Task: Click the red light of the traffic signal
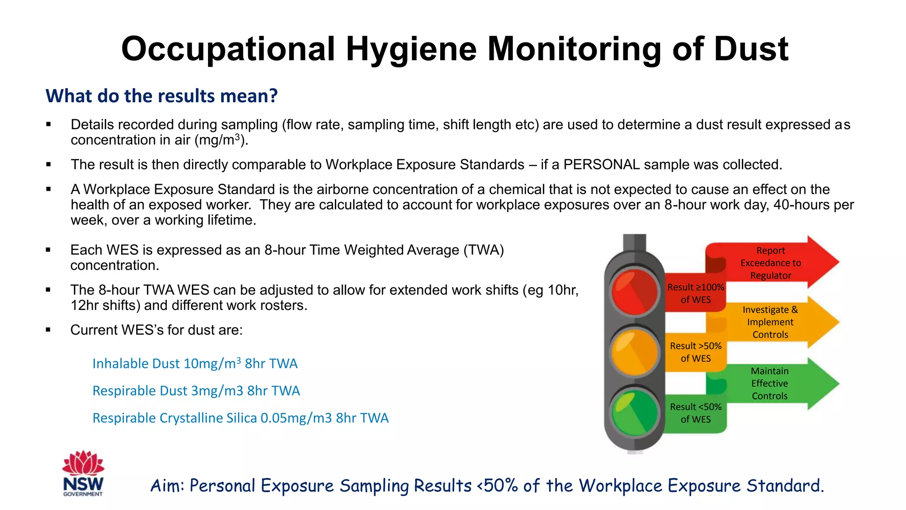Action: (634, 292)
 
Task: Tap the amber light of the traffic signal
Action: (634, 352)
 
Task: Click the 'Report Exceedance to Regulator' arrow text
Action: (771, 263)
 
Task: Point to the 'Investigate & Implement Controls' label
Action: (770, 322)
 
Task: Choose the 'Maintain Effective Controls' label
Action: (770, 383)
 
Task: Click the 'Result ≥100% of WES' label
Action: (695, 294)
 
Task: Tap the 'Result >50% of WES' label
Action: (695, 352)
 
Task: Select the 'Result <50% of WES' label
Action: (695, 413)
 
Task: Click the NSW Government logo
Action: (83, 474)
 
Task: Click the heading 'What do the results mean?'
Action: (161, 96)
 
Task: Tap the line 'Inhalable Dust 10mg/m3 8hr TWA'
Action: (195, 363)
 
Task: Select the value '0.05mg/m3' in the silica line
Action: (296, 418)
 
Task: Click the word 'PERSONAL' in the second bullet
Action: (601, 165)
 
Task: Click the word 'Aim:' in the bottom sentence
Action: (167, 486)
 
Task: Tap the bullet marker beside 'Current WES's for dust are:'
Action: (48, 330)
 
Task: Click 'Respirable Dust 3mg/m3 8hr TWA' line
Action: (196, 391)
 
